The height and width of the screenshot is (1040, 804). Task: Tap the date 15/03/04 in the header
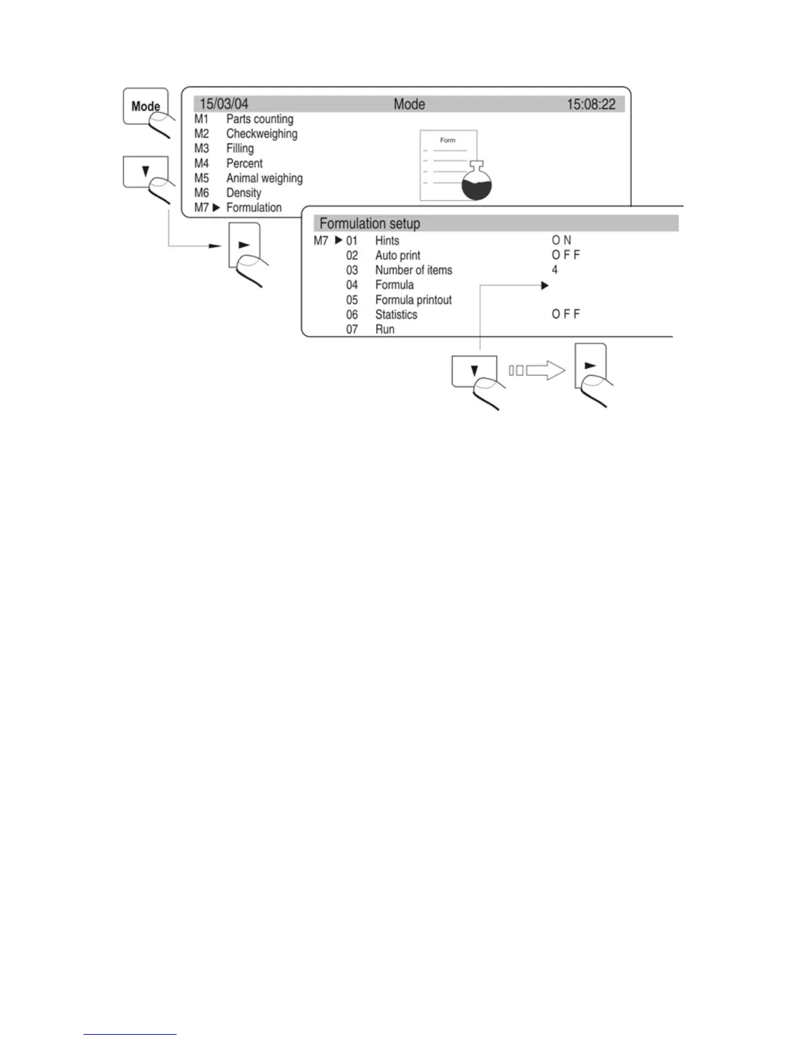[x=224, y=104]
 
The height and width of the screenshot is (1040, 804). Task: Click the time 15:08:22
[x=591, y=104]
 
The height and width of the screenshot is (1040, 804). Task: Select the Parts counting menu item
[x=259, y=119]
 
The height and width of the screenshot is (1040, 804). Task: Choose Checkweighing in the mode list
[x=261, y=134]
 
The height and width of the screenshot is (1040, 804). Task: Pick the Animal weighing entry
[x=264, y=178]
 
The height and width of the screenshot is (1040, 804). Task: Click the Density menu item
[x=244, y=193]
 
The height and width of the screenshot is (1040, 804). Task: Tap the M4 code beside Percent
[x=201, y=163]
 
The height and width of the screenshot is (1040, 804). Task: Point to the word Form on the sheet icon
[x=447, y=141]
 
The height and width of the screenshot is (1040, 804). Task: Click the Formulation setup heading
[x=370, y=223]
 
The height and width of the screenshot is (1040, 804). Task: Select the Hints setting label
[x=387, y=241]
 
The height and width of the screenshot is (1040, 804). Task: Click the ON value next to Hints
[x=562, y=240]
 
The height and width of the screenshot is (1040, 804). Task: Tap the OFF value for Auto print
[x=566, y=255]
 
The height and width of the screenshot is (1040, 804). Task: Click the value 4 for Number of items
[x=554, y=270]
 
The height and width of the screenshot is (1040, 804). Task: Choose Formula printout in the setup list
[x=413, y=300]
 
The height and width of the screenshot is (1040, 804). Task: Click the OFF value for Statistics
[x=566, y=314]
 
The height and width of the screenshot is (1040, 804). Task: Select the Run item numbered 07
[x=385, y=330]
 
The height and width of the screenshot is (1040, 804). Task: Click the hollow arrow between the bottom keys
[x=546, y=371]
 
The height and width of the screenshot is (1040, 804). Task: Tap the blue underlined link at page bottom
[x=130, y=1034]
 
